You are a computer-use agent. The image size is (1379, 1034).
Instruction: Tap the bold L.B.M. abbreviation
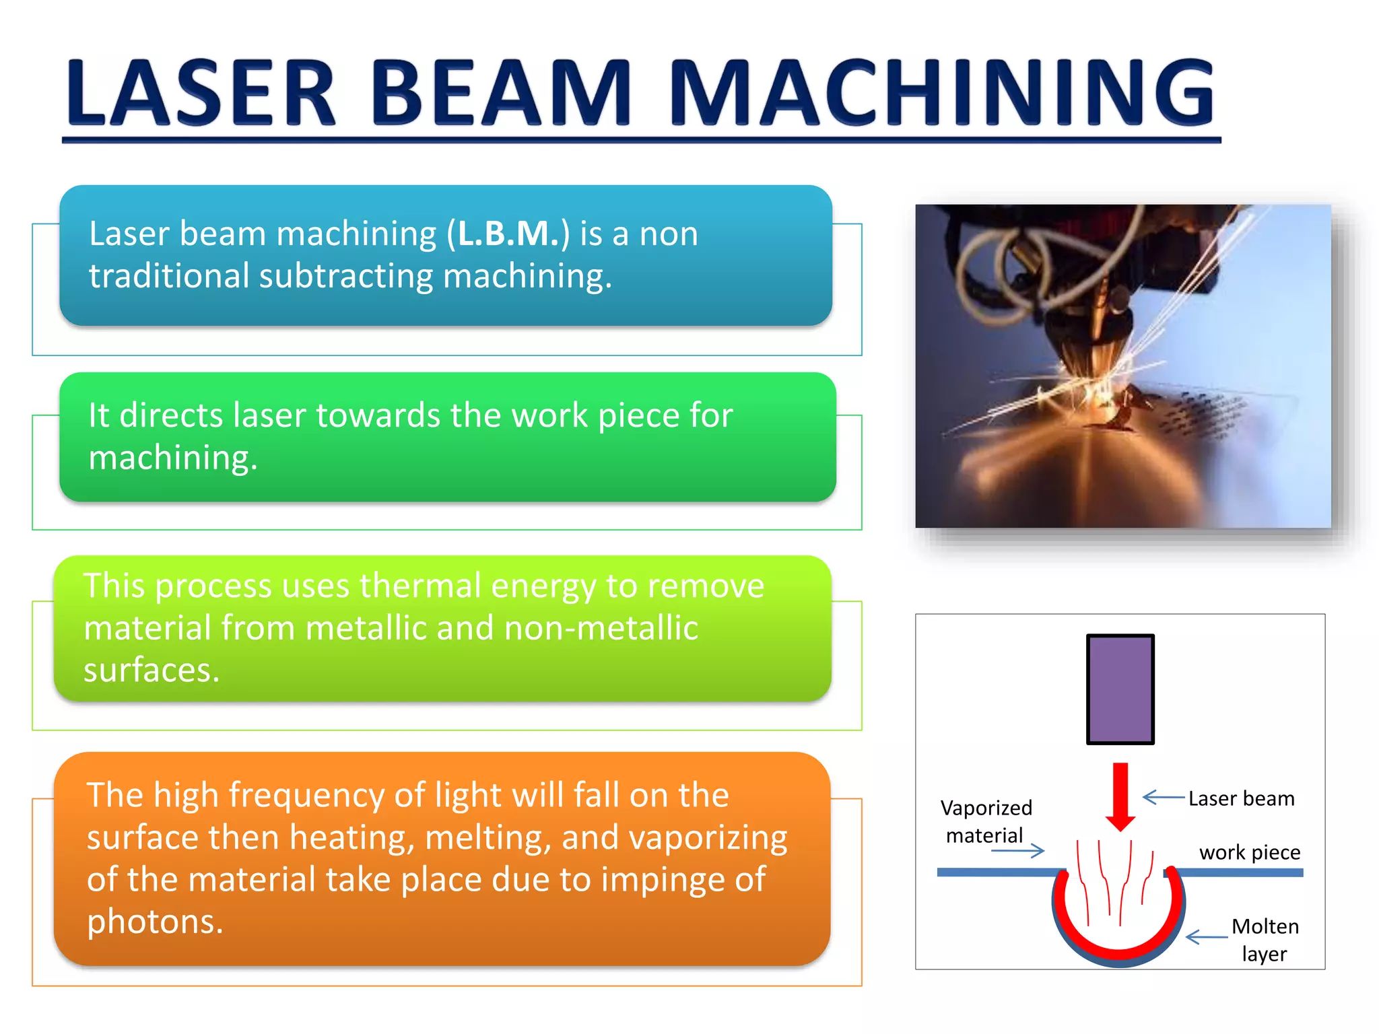(x=508, y=234)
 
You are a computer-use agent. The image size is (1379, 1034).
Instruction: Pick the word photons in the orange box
(x=154, y=922)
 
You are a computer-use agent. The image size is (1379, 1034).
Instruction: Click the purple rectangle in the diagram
(x=1120, y=689)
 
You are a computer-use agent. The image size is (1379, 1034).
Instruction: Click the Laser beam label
(x=1240, y=799)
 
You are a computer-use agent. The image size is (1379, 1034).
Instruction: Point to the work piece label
(x=1249, y=852)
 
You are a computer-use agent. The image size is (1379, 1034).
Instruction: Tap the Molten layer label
(x=1265, y=940)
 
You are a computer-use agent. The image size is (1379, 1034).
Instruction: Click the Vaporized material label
(x=986, y=821)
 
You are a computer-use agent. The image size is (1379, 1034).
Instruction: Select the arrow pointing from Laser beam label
(x=1163, y=798)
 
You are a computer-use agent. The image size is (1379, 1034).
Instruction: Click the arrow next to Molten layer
(x=1206, y=937)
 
